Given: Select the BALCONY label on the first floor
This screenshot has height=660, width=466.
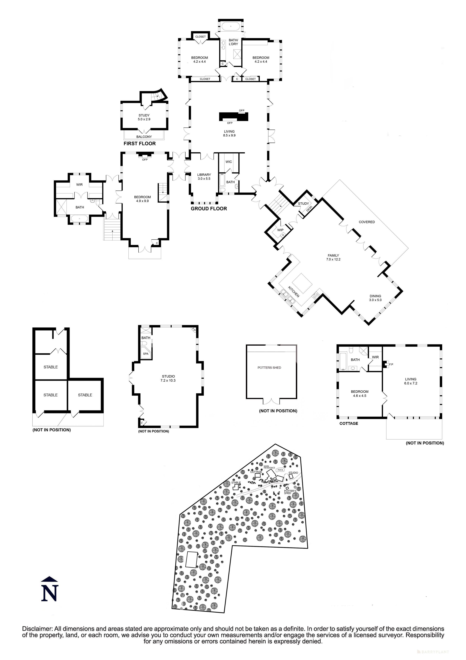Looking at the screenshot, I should [144, 137].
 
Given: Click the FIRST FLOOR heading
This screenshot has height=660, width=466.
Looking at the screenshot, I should [139, 143].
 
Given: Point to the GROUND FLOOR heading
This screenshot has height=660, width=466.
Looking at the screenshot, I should [209, 209].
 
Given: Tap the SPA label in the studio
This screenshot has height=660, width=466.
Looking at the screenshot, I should [145, 354].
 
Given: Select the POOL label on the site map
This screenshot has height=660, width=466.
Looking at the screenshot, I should [280, 470].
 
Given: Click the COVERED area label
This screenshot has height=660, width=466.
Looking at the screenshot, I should [367, 222].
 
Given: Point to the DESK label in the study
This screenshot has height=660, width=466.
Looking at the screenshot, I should [309, 209].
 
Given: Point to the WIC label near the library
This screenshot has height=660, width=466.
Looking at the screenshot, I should [229, 162].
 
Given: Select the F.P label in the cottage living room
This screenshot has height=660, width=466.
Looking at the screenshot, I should [391, 364].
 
